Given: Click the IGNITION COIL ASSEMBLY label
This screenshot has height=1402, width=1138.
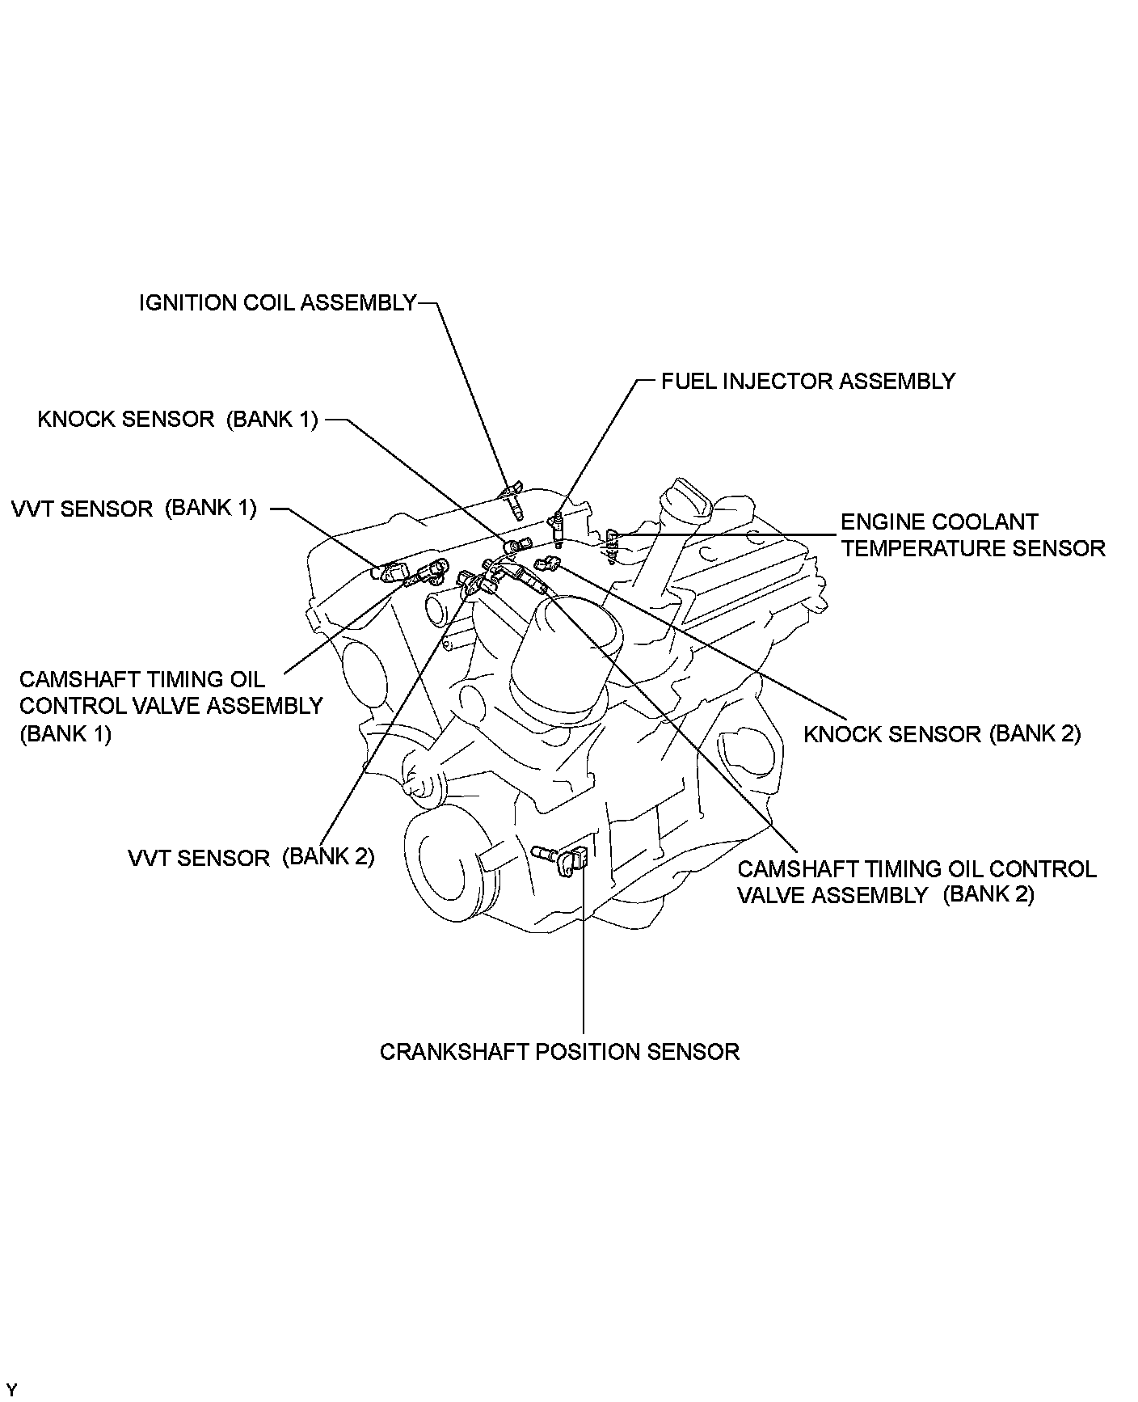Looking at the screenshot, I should pos(277,303).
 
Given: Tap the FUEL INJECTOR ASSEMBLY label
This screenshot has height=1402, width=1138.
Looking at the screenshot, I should pos(807,381).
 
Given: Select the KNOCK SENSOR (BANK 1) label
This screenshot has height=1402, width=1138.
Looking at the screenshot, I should pos(178,420).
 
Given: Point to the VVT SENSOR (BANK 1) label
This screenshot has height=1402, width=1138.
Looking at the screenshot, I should pos(134,509).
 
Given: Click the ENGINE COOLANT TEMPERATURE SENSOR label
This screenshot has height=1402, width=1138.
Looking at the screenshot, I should pos(972,535).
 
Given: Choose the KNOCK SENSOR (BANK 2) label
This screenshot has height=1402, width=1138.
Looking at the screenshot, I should pos(942,733).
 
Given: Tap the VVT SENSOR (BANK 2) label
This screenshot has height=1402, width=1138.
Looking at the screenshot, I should pos(251,857).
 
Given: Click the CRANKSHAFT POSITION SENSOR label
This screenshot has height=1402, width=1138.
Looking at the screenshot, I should pos(559,1052).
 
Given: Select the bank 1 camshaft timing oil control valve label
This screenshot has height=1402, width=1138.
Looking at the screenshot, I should pos(171,706).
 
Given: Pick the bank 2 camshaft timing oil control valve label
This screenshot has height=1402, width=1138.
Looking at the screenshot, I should pos(917,882).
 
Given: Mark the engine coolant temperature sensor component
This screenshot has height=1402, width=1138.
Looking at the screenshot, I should pos(612,545).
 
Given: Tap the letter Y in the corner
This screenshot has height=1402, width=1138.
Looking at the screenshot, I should pos(11,1390).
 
